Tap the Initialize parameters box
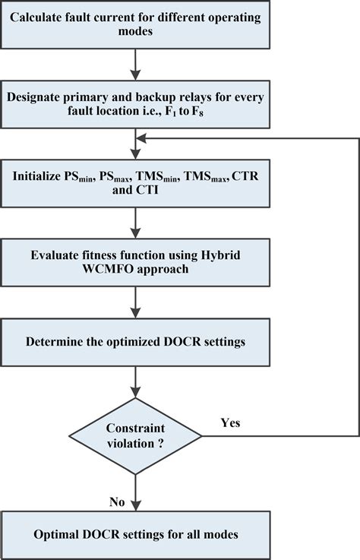tap(135, 182)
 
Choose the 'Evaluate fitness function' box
tap(135, 261)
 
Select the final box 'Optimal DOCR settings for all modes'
tap(135, 534)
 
